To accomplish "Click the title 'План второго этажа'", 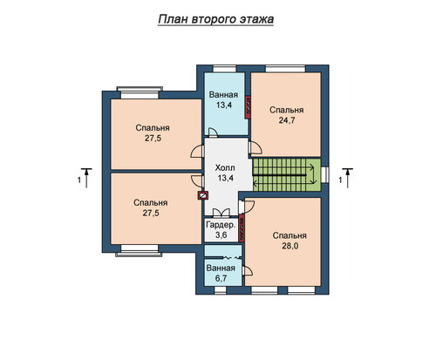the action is coord(215,19).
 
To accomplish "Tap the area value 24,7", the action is coord(287,120).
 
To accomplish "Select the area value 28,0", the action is coord(290,246).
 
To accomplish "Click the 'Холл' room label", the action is coord(225,167).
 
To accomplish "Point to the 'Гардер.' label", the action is coord(221,225).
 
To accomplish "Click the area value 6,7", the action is coord(221,278).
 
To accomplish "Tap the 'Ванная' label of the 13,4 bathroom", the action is coord(223,95).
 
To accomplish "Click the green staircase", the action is coord(287,174).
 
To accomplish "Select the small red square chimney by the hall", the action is coord(203,196).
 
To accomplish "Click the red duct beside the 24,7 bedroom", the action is coord(249,107).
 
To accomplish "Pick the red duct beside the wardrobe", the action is coord(242,228).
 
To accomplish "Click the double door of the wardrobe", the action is coord(221,213).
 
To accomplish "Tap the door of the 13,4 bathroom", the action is coord(213,132).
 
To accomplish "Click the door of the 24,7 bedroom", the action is coord(255,147).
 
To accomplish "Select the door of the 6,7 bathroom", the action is coord(247,271).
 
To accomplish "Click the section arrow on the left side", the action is coord(86,178).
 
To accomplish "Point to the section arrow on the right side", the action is coord(348,178).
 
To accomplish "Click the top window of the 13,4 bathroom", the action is coord(224,69).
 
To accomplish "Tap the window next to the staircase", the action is coord(325,174).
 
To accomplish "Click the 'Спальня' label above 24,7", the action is coord(287,110).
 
